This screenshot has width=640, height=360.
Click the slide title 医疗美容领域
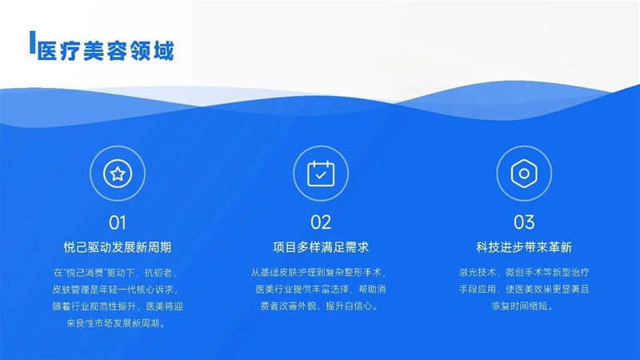tap(106, 51)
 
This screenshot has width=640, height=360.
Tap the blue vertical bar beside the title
tap(32, 42)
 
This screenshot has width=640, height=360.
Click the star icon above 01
tap(118, 174)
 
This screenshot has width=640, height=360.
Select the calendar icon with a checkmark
tap(321, 174)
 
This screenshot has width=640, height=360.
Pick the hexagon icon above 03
tap(524, 174)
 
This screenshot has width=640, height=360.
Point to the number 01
tap(118, 223)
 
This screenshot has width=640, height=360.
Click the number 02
tap(321, 222)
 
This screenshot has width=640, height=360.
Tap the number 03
tap(524, 222)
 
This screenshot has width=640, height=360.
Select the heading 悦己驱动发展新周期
tap(118, 247)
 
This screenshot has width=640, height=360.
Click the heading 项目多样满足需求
tap(321, 247)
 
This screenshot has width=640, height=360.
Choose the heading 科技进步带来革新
tap(524, 247)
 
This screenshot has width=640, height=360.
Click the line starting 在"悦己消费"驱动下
tap(116, 273)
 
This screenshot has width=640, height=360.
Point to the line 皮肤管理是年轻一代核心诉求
tap(116, 290)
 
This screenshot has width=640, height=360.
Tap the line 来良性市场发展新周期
tap(116, 324)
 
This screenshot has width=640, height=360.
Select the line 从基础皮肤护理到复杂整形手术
tap(318, 272)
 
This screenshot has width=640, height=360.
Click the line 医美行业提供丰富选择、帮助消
tap(321, 290)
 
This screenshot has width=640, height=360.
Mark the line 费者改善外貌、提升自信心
tap(319, 306)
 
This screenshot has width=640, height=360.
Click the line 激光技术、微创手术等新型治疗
tap(524, 272)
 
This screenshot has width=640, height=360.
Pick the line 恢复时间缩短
tap(522, 306)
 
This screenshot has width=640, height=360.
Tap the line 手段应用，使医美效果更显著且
tap(524, 290)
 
